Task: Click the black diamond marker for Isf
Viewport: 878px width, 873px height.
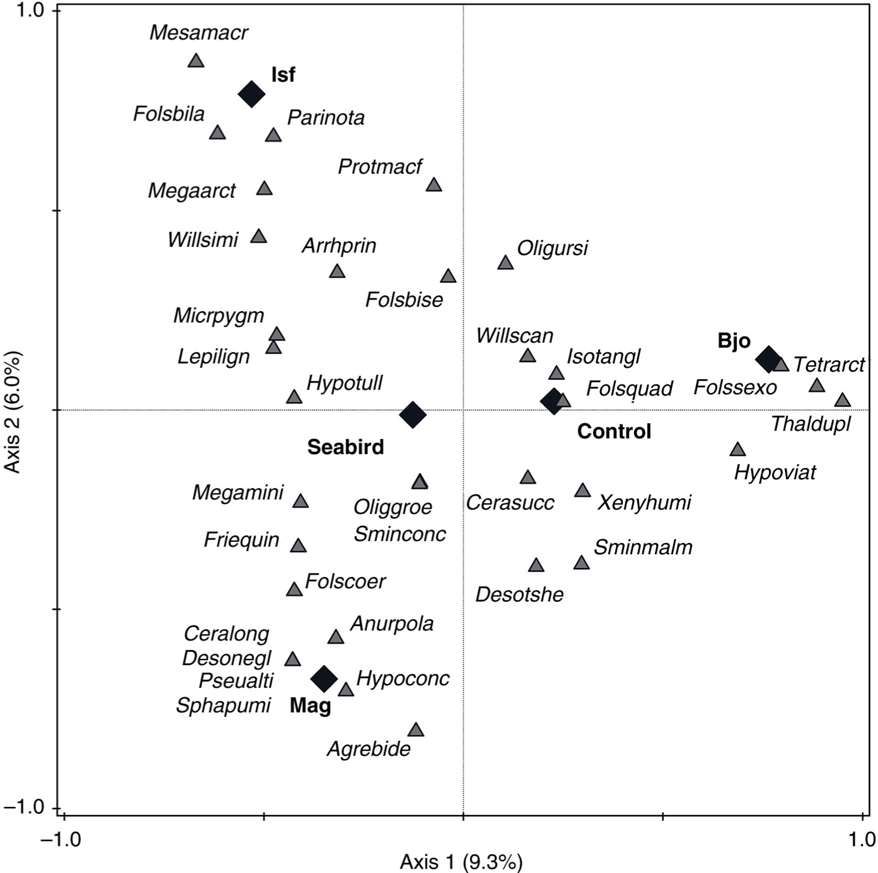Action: pyautogui.click(x=251, y=94)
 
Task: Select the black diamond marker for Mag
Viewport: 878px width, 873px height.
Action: pyautogui.click(x=324, y=678)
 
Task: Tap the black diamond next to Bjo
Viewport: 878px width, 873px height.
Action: pyautogui.click(x=768, y=359)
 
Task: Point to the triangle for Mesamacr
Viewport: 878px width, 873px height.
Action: pyautogui.click(x=196, y=61)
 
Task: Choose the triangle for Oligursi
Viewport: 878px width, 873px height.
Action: pyautogui.click(x=506, y=263)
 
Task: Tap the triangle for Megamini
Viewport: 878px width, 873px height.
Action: pyautogui.click(x=300, y=501)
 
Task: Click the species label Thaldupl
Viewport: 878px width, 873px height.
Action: pyautogui.click(x=811, y=424)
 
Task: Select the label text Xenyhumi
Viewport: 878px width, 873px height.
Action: pyautogui.click(x=644, y=502)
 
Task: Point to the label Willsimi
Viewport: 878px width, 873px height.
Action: pyautogui.click(x=203, y=239)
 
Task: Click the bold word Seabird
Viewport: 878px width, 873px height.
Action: pyautogui.click(x=345, y=447)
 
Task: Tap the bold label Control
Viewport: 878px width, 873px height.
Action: pyautogui.click(x=614, y=431)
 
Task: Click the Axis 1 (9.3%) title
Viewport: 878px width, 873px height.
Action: pyautogui.click(x=461, y=861)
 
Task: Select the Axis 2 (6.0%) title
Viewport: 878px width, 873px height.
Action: pyautogui.click(x=13, y=411)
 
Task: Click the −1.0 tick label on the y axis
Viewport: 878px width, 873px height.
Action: pyautogui.click(x=25, y=807)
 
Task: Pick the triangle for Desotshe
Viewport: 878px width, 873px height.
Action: pyautogui.click(x=536, y=565)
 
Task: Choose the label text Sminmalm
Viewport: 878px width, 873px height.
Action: pyautogui.click(x=643, y=547)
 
